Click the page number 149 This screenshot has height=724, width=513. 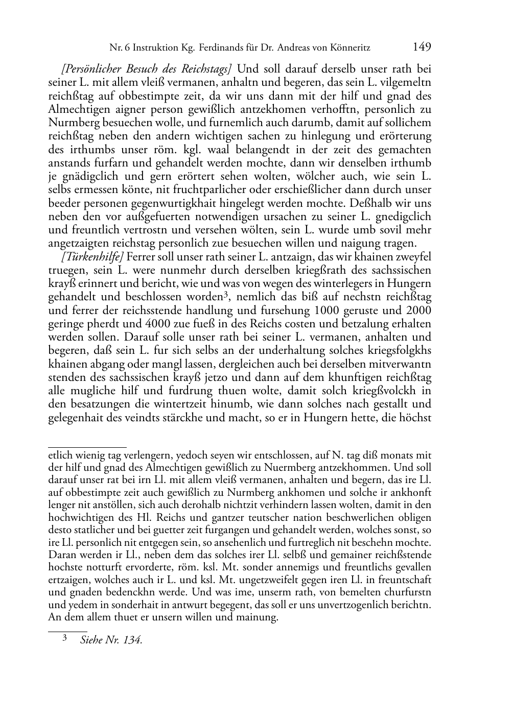click(422, 47)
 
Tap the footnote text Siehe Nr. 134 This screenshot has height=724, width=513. click(111, 640)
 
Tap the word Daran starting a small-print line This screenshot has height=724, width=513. click(62, 554)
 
